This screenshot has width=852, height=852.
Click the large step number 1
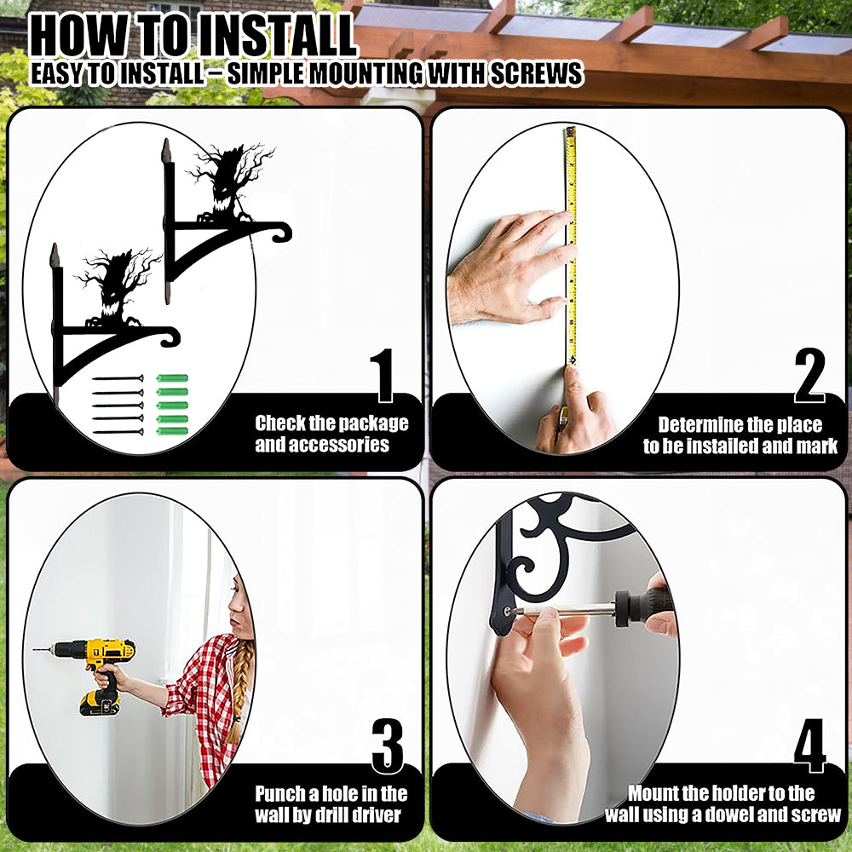coord(383,375)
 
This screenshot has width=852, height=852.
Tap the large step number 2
coord(809,375)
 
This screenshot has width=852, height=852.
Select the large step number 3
coord(388,745)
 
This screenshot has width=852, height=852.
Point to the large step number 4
coord(809,745)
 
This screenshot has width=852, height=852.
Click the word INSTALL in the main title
coord(275,36)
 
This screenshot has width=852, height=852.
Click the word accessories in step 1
coord(322,445)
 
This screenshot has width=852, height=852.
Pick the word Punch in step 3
coord(280,794)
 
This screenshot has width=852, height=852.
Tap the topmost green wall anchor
coord(172,378)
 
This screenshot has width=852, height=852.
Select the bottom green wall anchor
coord(172,431)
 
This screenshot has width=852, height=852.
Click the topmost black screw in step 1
coord(118,378)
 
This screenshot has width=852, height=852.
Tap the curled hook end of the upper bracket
coord(281,233)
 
